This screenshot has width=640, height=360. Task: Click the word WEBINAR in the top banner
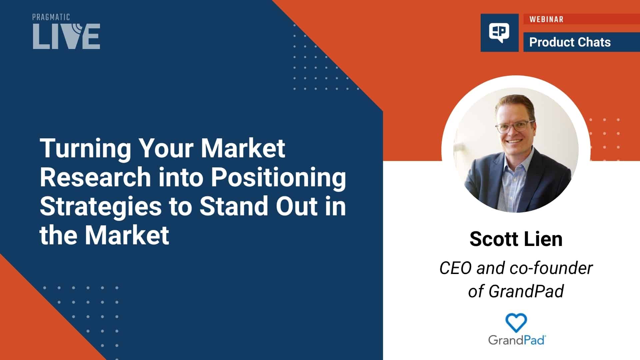(546, 19)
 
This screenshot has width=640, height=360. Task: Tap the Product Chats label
(570, 42)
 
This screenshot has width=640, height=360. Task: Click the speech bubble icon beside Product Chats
(499, 33)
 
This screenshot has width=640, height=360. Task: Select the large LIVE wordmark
(66, 36)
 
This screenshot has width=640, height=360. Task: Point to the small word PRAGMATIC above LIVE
(51, 17)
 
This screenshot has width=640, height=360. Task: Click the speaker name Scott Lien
(516, 239)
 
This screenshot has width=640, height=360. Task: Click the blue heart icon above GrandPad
(516, 322)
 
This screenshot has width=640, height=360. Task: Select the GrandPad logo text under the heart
(517, 340)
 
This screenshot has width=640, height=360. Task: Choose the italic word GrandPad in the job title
(526, 291)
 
